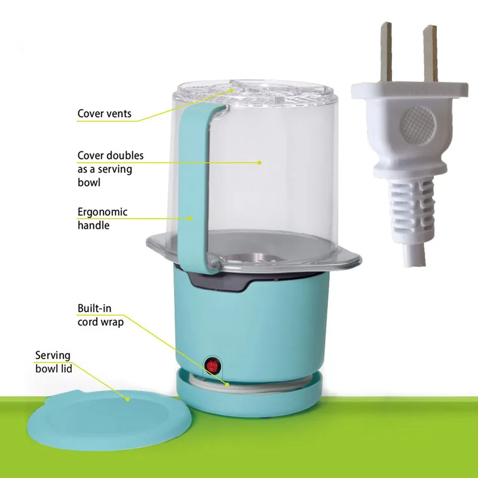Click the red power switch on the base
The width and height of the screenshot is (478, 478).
(213, 366)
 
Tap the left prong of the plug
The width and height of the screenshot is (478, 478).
(386, 52)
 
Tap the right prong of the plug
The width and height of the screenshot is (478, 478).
(430, 53)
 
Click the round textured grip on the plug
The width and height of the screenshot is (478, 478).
(417, 125)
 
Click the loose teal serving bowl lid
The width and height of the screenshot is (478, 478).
(110, 419)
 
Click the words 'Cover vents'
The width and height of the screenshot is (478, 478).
(104, 114)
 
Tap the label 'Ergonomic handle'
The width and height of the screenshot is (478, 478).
(102, 219)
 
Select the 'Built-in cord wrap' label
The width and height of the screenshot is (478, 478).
(100, 315)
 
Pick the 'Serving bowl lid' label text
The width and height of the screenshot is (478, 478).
(54, 362)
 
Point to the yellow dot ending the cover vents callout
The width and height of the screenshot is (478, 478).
(232, 90)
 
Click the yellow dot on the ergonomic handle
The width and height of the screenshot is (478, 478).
(191, 219)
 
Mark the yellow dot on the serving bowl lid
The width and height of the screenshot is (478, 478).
(128, 399)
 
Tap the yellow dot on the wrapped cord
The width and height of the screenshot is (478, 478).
(227, 385)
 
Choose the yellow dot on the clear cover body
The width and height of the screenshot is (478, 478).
(259, 163)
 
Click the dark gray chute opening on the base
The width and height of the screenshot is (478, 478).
(218, 280)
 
